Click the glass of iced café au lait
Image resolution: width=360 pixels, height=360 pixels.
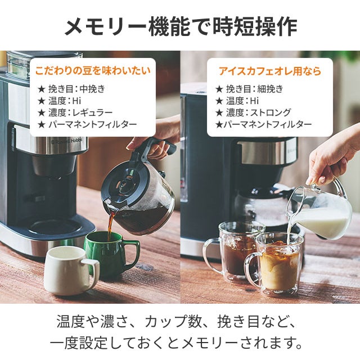pos(274,264)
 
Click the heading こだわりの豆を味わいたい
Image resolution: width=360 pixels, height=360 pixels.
pos(93,70)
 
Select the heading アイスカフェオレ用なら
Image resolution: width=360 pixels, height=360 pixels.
pos(270,71)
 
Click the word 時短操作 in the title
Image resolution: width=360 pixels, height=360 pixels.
pos(255,27)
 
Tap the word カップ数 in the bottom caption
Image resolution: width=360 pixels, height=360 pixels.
pos(172,322)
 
